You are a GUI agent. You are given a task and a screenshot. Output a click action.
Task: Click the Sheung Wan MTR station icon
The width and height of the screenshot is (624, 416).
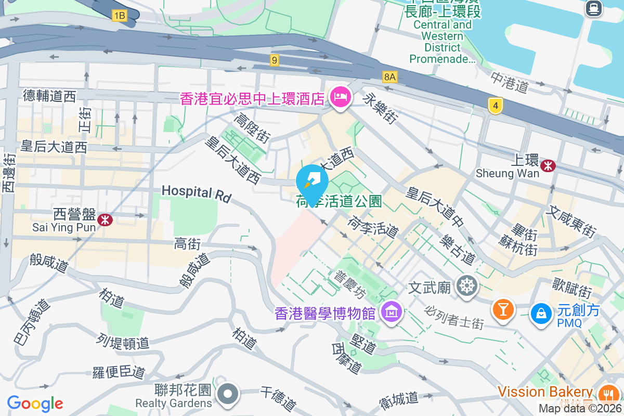pyautogui.click(x=548, y=165)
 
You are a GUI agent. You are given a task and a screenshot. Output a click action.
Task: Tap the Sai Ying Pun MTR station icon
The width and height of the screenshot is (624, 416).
pyautogui.click(x=105, y=219)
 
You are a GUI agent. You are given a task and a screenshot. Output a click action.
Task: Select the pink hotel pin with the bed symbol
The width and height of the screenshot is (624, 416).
pyautogui.click(x=341, y=97)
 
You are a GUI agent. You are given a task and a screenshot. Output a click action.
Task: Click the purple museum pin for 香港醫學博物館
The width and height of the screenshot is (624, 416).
pyautogui.click(x=391, y=312)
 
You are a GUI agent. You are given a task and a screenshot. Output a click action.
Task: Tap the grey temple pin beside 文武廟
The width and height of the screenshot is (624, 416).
pyautogui.click(x=467, y=285)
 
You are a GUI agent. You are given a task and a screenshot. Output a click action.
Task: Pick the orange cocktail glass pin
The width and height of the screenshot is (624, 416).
pyautogui.click(x=503, y=310)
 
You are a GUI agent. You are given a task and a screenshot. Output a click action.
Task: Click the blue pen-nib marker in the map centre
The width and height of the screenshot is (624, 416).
pyautogui.click(x=312, y=182)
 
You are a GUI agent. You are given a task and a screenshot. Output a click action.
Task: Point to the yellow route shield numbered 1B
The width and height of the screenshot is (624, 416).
pyautogui.click(x=119, y=16)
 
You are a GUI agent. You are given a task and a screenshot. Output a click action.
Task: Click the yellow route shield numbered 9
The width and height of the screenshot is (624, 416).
pyautogui.click(x=275, y=61)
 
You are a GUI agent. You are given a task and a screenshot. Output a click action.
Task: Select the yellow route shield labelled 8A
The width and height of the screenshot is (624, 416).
pyautogui.click(x=389, y=77)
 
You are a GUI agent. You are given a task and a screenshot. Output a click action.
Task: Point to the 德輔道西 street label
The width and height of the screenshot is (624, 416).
pyautogui.click(x=49, y=96)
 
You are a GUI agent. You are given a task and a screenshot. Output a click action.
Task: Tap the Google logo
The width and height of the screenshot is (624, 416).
pyautogui.click(x=35, y=403)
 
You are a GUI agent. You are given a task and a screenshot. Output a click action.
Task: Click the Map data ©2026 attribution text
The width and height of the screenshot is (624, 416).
pyautogui.click(x=580, y=409)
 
